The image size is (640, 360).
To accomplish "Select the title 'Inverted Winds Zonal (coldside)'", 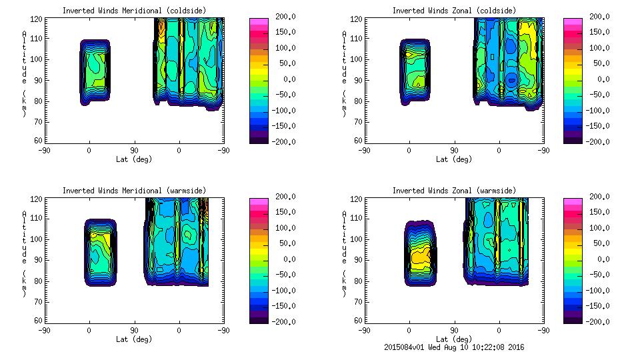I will [x=454, y=11].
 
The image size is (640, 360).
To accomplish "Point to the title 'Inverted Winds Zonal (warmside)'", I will [x=454, y=191].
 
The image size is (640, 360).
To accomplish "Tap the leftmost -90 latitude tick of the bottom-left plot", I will [x=44, y=330].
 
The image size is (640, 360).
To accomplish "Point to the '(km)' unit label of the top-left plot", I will [x=25, y=103].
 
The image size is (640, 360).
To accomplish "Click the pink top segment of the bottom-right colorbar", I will [x=573, y=201].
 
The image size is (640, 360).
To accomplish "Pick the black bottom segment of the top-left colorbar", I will [x=259, y=139].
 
